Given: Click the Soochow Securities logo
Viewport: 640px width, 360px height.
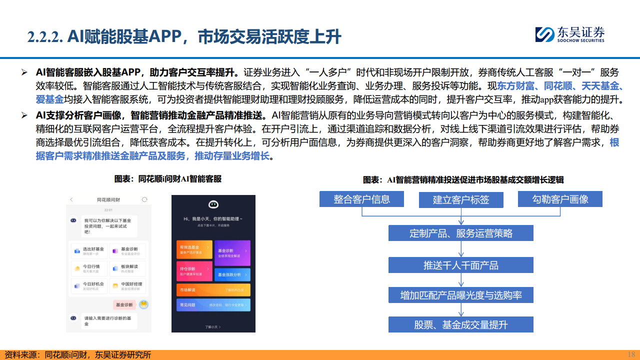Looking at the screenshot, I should [x=569, y=33].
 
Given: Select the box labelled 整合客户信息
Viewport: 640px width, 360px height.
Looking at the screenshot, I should [x=362, y=199].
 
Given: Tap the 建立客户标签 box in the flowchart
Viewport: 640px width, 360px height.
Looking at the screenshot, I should [x=461, y=199].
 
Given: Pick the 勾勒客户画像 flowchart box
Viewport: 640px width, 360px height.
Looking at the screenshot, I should [x=559, y=199].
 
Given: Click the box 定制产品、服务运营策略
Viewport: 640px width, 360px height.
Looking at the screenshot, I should [x=461, y=233].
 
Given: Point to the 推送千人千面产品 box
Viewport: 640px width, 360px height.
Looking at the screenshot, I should [x=461, y=265].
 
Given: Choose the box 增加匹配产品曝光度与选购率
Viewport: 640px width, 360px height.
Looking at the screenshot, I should [x=461, y=295].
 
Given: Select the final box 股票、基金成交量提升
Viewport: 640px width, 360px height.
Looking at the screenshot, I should [x=461, y=325].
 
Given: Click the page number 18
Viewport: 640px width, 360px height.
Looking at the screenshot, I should [x=631, y=354].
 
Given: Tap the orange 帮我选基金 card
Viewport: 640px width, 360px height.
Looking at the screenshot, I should [x=194, y=249].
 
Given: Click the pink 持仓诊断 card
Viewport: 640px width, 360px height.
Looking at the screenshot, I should [x=194, y=270].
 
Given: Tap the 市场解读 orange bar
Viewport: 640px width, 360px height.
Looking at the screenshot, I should [x=213, y=290].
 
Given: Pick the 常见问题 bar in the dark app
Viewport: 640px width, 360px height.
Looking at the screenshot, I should [x=213, y=304].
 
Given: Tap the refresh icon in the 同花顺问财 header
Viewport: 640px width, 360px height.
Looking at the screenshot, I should [x=144, y=199].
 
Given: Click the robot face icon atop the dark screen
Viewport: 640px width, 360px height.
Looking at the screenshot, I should [x=213, y=204].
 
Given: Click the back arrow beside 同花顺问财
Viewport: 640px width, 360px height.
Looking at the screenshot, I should [x=71, y=199].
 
